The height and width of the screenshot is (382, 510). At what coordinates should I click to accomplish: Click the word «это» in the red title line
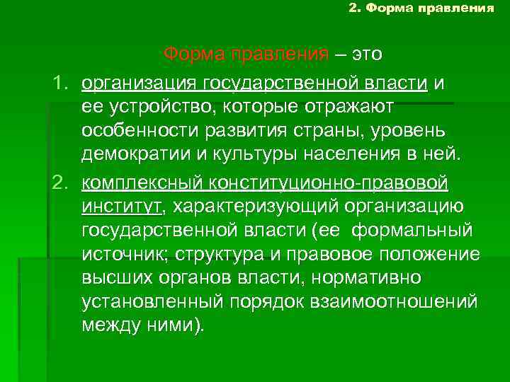366,54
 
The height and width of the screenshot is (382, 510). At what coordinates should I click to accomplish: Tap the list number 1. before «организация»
63,84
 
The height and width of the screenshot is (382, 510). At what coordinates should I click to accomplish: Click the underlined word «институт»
121,207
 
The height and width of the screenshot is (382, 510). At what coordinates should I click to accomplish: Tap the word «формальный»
412,231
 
